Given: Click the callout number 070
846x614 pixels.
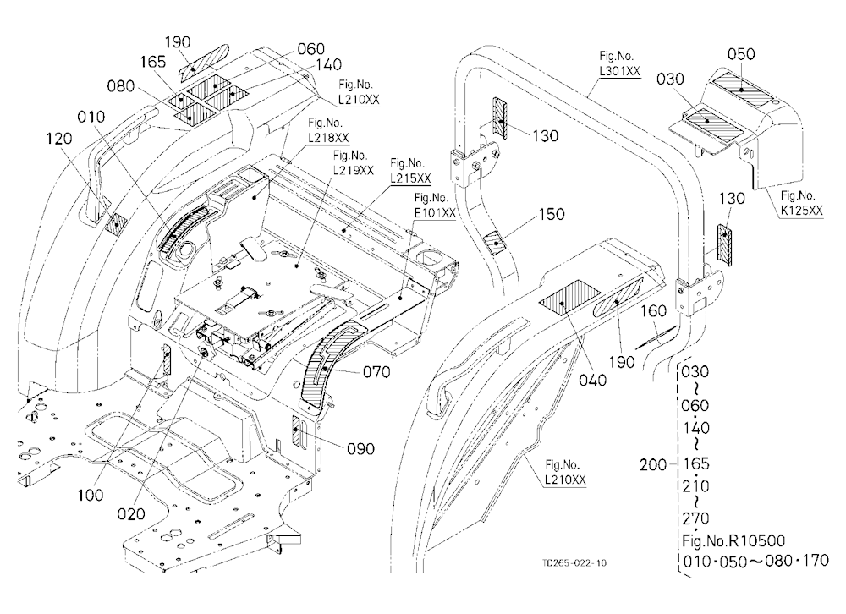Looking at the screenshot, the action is [x=376, y=372].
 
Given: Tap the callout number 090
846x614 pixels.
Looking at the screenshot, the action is [x=360, y=448].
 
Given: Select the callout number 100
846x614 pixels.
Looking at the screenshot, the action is [x=91, y=495].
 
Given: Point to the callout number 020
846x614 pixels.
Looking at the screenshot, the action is [x=131, y=513].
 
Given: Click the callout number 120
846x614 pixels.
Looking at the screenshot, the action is [x=59, y=139].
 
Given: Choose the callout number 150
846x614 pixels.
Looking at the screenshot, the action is [x=552, y=214].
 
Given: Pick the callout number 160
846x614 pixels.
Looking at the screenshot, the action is [x=653, y=310].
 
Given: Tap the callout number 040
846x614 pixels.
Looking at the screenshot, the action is [x=592, y=381].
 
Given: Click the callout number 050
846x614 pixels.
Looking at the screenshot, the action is [x=741, y=54].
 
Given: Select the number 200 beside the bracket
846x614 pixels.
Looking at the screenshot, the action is [x=653, y=464].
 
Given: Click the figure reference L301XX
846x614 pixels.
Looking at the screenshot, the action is [x=620, y=71].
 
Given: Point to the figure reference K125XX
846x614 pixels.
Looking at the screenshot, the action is [x=802, y=210].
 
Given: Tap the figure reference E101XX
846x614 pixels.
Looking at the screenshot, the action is [x=435, y=212].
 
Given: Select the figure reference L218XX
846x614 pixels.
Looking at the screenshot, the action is [x=328, y=138].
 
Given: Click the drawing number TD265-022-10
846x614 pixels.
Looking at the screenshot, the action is [x=574, y=562].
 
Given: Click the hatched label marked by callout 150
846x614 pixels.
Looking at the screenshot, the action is [x=494, y=242].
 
